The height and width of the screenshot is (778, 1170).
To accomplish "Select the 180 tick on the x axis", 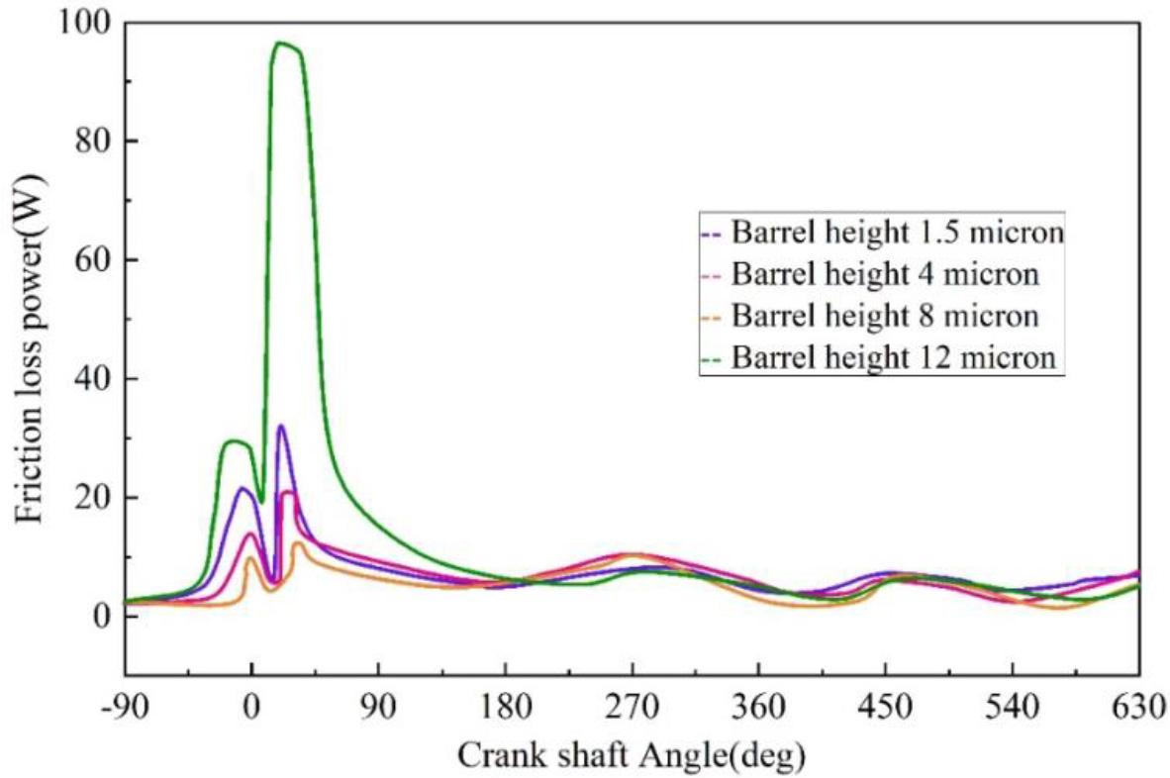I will pos(505,710).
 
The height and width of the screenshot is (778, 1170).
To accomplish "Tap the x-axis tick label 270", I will pos(632,710).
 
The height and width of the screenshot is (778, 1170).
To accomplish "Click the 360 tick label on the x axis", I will pos(758,710).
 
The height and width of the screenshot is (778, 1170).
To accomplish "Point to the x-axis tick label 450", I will pos(885,710).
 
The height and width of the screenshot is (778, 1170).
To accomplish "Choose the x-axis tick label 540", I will pos(1012,710).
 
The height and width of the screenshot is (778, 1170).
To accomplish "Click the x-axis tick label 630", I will pos(1136,710).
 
